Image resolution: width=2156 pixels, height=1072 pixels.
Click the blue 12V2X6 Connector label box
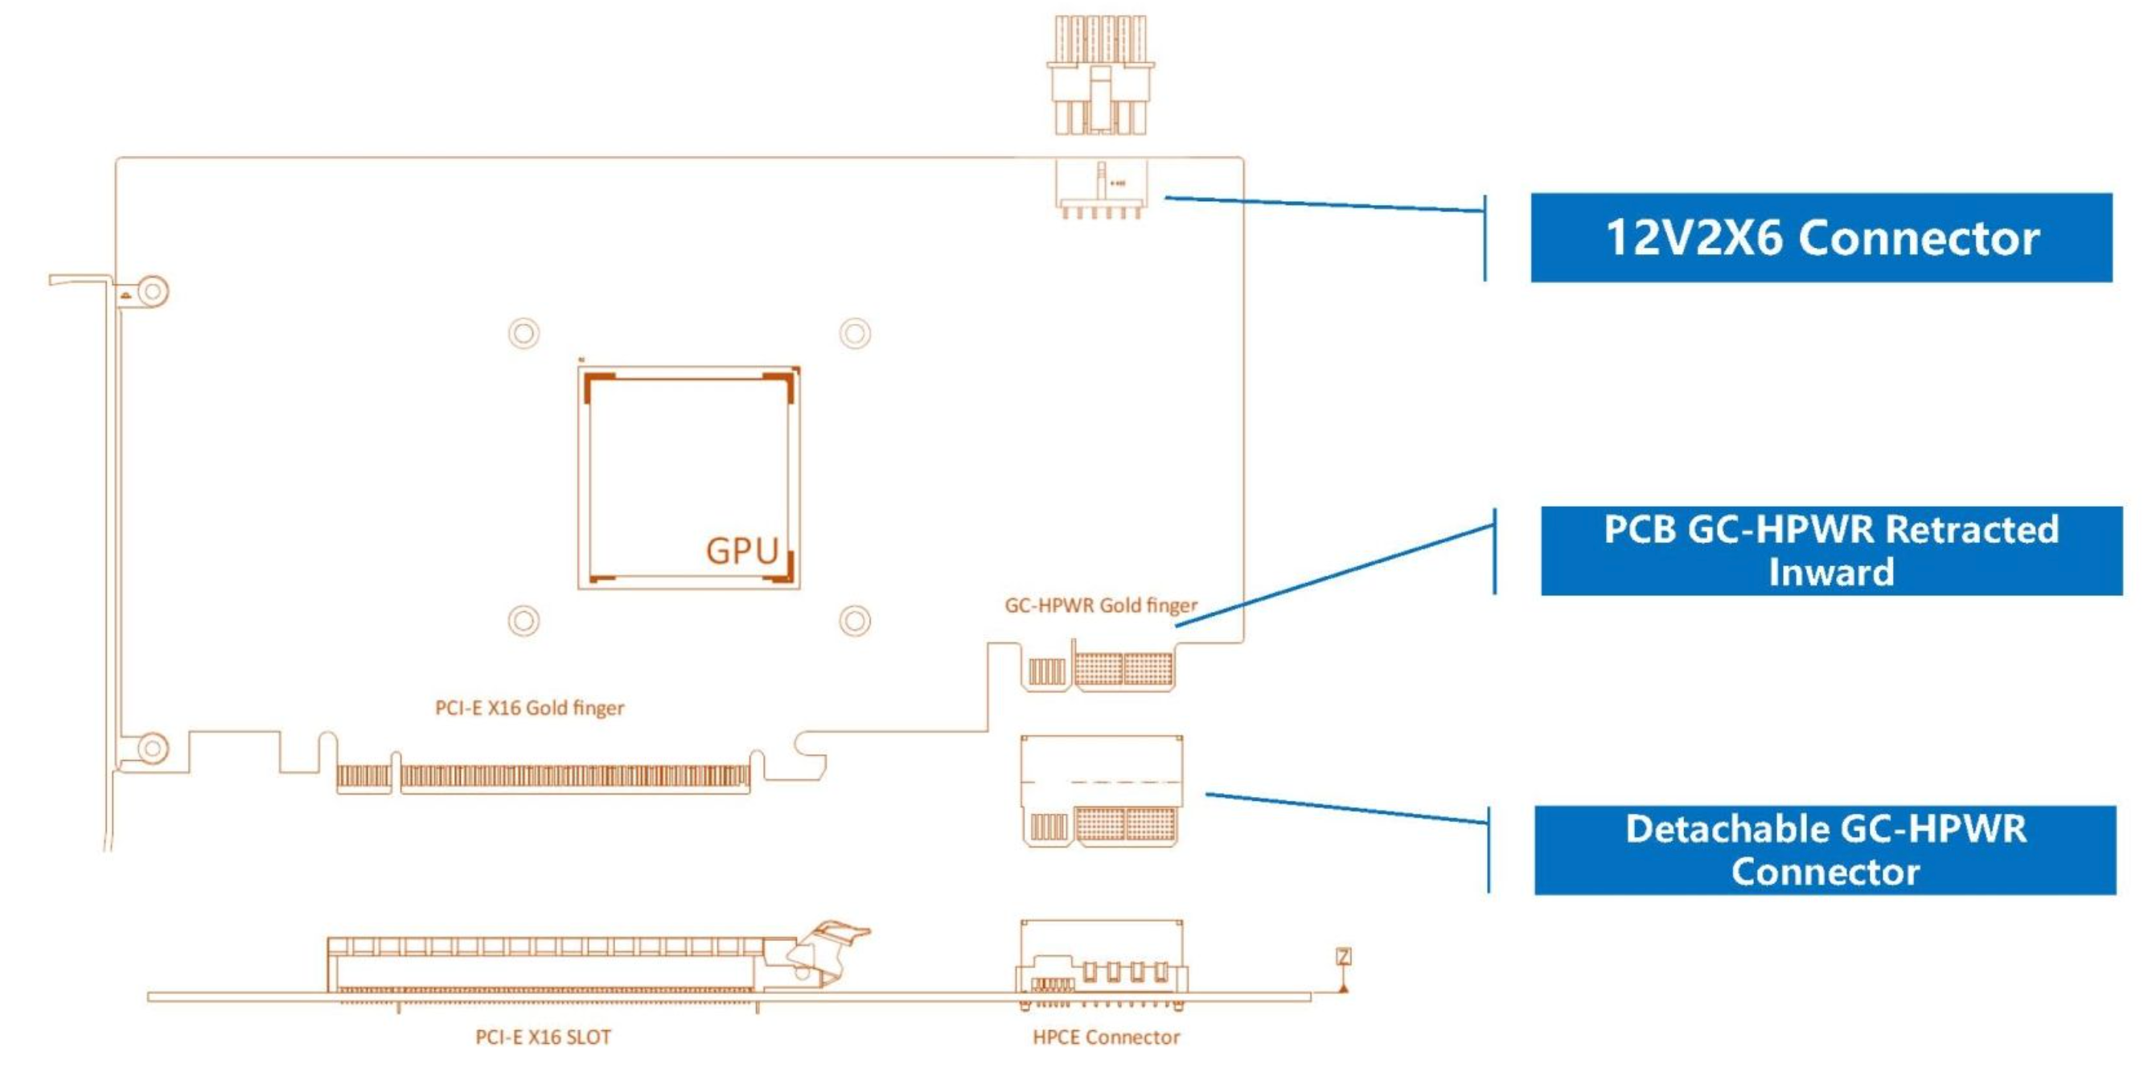(1821, 238)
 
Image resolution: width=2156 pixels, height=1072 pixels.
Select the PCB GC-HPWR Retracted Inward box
(1831, 551)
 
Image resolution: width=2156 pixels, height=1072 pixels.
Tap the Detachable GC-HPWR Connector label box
(1825, 850)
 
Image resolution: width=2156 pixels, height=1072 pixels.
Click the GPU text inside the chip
(742, 552)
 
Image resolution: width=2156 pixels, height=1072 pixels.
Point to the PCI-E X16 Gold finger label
(529, 708)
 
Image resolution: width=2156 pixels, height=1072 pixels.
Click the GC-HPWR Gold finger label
(1101, 605)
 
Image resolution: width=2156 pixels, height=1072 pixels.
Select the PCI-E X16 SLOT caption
(543, 1037)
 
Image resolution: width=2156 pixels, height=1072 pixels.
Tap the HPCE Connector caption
(1106, 1037)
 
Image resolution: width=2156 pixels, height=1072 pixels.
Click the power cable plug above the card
(1100, 76)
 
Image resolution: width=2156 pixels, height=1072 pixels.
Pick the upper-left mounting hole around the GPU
(524, 333)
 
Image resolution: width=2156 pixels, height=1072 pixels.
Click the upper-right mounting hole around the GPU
(855, 333)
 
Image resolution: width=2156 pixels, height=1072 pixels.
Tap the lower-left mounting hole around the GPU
(524, 621)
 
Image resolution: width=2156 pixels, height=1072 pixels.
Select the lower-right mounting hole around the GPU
(855, 621)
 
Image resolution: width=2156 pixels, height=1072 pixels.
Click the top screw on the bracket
(152, 291)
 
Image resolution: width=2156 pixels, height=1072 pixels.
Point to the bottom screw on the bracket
(152, 747)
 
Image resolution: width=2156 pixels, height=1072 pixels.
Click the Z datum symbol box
(1343, 956)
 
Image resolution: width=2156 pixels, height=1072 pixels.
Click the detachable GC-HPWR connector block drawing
(1102, 790)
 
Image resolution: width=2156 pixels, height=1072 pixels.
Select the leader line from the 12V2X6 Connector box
(1322, 204)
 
